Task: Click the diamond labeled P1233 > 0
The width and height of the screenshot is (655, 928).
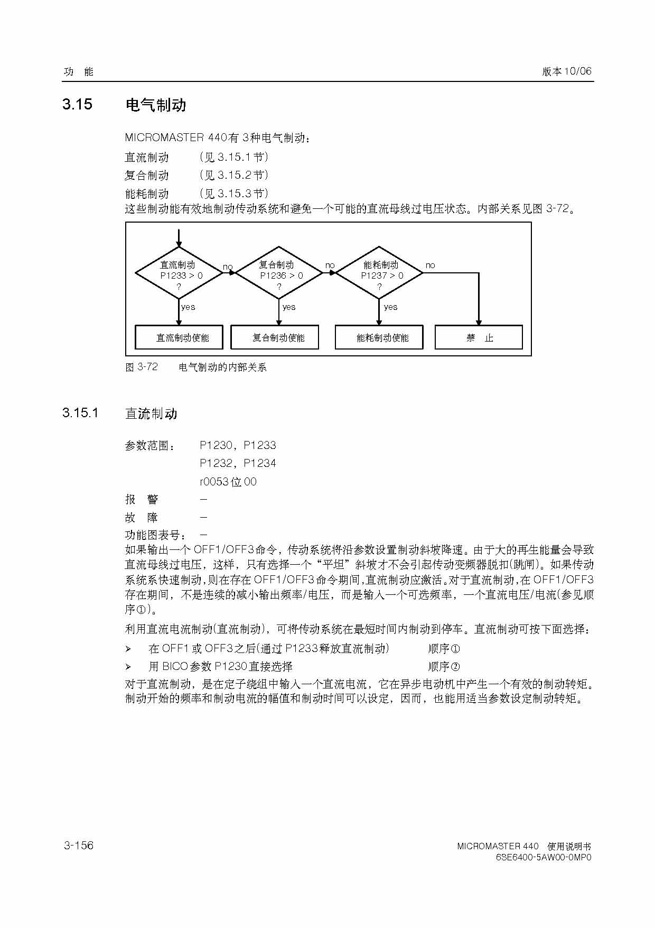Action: click(x=179, y=274)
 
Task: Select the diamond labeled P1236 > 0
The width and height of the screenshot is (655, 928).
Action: click(x=279, y=274)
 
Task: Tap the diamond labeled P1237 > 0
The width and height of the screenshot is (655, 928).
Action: click(x=379, y=274)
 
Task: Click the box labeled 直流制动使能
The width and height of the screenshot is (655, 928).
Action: click(x=179, y=337)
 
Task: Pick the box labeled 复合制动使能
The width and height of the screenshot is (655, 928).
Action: click(x=275, y=337)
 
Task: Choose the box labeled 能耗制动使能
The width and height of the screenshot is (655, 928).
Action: click(x=379, y=337)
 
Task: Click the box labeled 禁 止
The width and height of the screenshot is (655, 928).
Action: click(x=479, y=337)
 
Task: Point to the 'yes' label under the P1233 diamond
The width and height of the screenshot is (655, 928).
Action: click(x=188, y=307)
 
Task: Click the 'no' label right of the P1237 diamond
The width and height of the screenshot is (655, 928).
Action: click(x=431, y=265)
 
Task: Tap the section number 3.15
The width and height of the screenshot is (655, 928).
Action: click(x=77, y=104)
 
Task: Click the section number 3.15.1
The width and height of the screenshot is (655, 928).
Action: click(x=80, y=413)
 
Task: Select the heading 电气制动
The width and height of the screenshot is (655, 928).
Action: click(x=156, y=105)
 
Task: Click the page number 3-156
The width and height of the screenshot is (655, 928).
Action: click(x=79, y=845)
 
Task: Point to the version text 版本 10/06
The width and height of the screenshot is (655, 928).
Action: click(x=567, y=71)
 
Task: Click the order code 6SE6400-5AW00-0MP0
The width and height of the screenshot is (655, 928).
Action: click(x=544, y=857)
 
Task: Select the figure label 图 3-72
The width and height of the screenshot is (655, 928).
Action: click(x=142, y=367)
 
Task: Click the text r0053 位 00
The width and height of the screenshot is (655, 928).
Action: click(x=228, y=482)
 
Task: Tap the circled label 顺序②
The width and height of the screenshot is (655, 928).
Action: click(x=444, y=666)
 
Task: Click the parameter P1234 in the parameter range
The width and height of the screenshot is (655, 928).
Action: click(x=260, y=463)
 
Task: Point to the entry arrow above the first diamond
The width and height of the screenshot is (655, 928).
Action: click(x=179, y=238)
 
